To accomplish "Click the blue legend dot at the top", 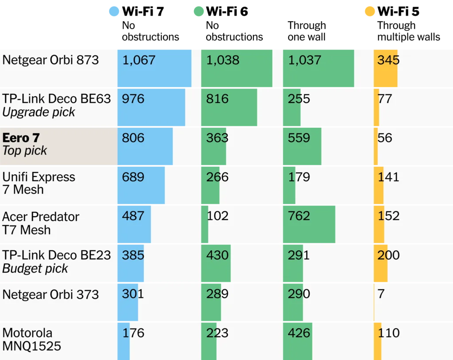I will point(114,11).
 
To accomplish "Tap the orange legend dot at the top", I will point(370,11).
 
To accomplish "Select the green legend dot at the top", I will point(199,11).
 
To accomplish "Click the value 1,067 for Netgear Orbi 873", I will point(139,60).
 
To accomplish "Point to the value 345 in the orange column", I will point(388,60).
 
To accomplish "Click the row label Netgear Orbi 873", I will point(50,60).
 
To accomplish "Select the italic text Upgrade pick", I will point(39,112).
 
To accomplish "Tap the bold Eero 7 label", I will point(21,138).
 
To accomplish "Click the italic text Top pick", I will point(25,151).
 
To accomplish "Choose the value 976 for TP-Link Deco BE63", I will point(133,99).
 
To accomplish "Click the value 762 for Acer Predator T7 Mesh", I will point(299,216).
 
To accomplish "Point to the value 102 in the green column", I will point(218,216).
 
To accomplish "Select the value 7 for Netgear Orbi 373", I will point(381,294).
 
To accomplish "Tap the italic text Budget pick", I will point(35,268).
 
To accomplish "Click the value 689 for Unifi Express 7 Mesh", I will point(133,177).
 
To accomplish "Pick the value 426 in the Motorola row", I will point(299,333).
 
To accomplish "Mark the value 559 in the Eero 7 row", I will point(299,138).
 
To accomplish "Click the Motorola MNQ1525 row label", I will point(31,339).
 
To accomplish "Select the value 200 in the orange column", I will point(388,255).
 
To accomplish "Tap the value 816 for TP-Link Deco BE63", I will point(217,99).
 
